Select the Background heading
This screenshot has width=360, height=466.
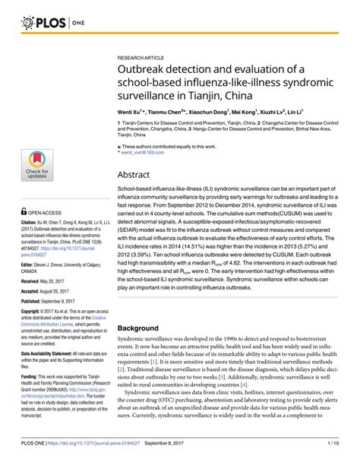[x=145, y=328]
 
